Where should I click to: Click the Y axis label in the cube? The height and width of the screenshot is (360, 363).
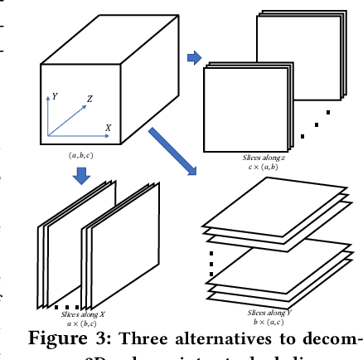[54, 96]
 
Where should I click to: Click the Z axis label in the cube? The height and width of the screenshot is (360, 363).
[90, 99]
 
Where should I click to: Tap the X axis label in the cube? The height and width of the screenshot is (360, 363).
[108, 128]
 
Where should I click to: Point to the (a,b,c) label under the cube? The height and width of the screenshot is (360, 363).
[80, 154]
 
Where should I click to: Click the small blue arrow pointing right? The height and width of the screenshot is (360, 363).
[194, 57]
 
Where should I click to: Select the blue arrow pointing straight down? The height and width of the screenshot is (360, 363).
[82, 176]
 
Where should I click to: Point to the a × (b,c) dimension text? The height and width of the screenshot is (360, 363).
[80, 324]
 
